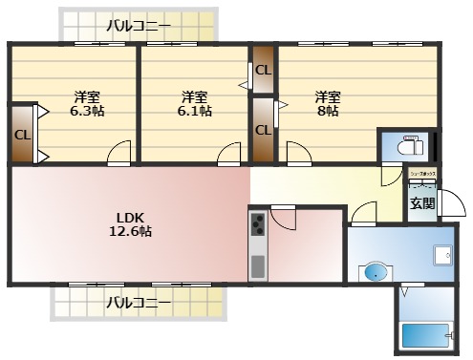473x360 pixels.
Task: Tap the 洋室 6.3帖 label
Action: [88, 103]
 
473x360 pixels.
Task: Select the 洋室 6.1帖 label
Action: [195, 103]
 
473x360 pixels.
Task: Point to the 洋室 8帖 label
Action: [328, 103]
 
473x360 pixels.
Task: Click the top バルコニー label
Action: [139, 25]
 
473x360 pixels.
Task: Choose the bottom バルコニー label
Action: [139, 304]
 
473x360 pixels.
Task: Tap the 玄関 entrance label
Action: [422, 202]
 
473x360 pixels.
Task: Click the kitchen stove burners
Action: [258, 226]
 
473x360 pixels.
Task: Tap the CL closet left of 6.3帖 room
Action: [22, 134]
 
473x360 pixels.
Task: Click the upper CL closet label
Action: [263, 70]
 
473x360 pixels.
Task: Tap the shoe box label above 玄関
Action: [421, 174]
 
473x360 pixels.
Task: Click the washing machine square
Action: [441, 255]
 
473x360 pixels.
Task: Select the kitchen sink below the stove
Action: [258, 263]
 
